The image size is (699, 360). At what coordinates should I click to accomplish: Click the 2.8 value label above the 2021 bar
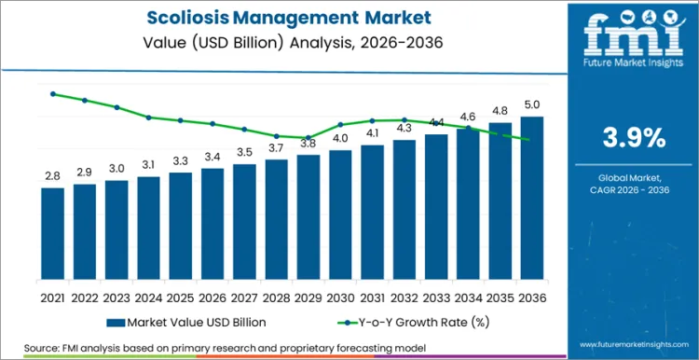(53, 175)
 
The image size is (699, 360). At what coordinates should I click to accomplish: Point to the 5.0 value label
(532, 104)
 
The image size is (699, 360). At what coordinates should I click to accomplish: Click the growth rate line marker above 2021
(53, 94)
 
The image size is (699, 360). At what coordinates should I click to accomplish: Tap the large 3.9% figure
(634, 138)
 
